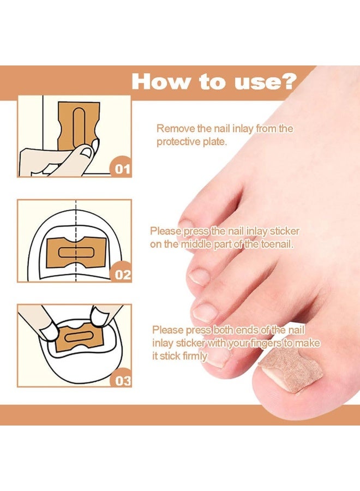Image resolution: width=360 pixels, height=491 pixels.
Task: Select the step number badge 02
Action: [x=122, y=274]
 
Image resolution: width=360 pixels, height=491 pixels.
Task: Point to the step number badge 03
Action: [x=122, y=380]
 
